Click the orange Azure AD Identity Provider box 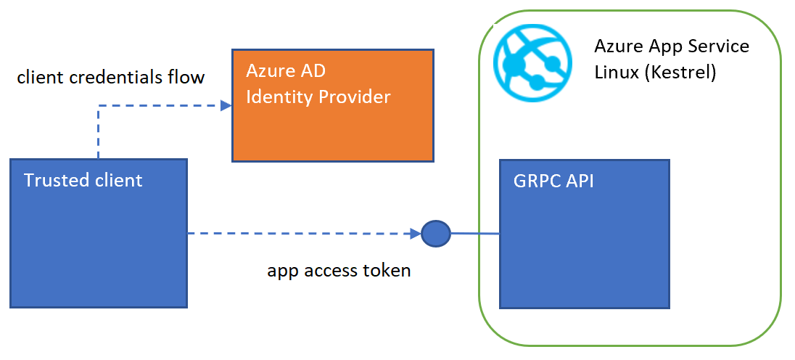333,123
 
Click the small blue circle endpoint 436,234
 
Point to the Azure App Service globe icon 527,61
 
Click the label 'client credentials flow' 111,76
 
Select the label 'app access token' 339,271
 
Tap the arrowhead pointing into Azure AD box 226,105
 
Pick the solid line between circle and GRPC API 475,234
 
